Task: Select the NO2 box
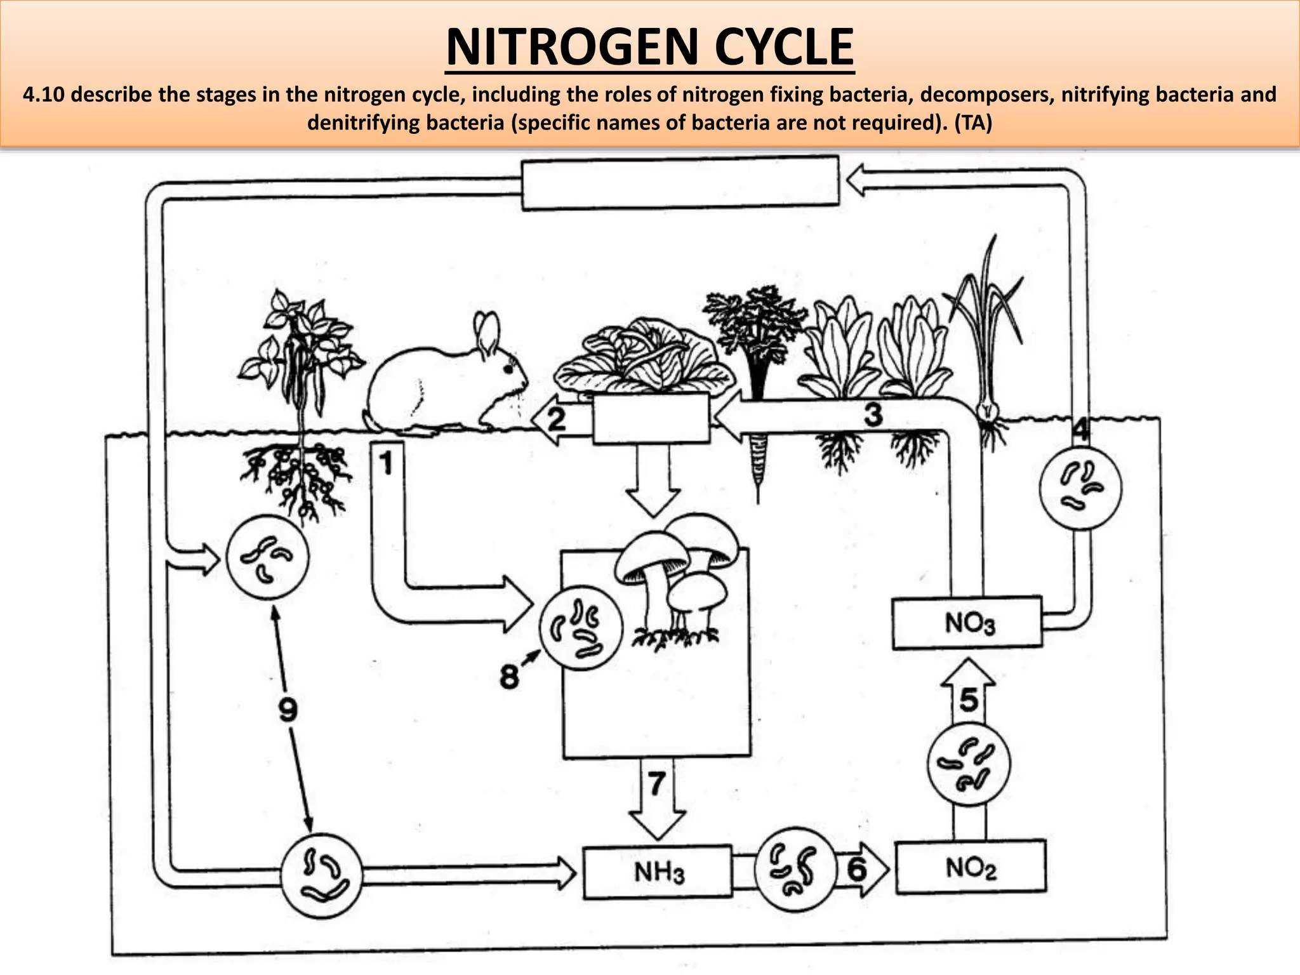click(x=970, y=867)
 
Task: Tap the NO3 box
click(x=967, y=623)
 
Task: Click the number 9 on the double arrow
click(x=288, y=709)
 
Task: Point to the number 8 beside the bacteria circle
click(x=509, y=677)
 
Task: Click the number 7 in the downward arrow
click(x=656, y=783)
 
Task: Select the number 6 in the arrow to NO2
click(x=857, y=869)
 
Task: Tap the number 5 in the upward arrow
click(x=969, y=700)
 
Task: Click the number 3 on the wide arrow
click(x=873, y=415)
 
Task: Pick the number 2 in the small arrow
click(x=556, y=420)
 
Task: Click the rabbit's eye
click(x=508, y=368)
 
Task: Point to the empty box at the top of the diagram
click(x=679, y=183)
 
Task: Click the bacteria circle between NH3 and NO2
click(x=795, y=869)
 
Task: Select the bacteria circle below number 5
click(x=969, y=764)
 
